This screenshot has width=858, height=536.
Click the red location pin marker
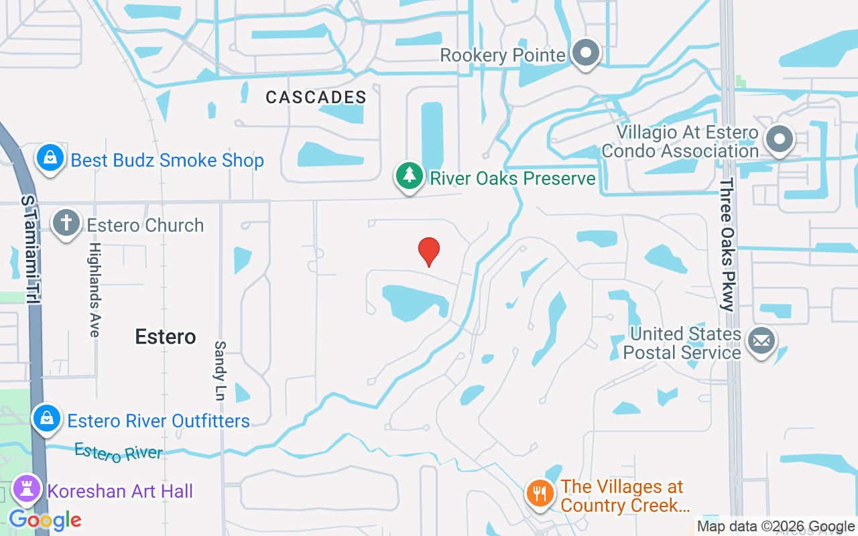coord(429,251)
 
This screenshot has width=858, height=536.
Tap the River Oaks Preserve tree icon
coord(409,176)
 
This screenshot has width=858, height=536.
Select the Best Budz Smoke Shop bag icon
coord(50,159)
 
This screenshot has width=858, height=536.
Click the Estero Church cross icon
coord(66,224)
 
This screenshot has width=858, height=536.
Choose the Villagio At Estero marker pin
coord(780,140)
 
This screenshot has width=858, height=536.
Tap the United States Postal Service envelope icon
coord(761,341)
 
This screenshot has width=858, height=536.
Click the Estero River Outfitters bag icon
coord(47,418)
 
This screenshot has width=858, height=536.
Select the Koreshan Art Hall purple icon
coord(27,490)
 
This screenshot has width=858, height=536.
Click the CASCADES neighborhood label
coord(316,97)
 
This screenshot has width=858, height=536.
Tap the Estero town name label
coord(166,336)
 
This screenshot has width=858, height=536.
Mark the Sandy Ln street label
coord(220,371)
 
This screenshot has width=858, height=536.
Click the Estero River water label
coord(119,452)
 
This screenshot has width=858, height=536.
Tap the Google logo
coord(45,519)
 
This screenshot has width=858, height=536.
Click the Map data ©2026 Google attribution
coord(776,527)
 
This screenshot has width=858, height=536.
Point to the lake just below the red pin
coord(410,301)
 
